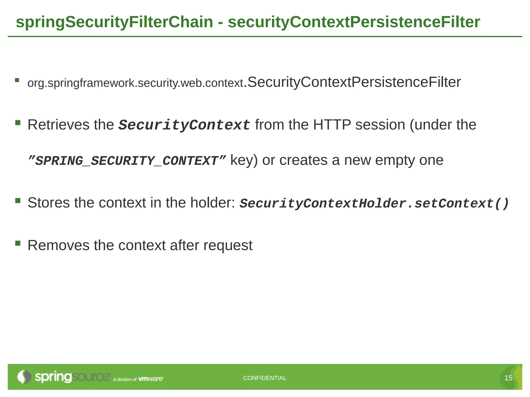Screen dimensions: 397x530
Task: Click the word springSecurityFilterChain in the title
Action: tap(114, 22)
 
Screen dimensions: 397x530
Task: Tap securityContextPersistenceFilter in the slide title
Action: tap(354, 22)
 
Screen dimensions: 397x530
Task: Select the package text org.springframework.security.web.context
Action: tap(135, 83)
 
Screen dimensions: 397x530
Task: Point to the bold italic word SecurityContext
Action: tap(184, 125)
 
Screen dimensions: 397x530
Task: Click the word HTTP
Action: tap(332, 125)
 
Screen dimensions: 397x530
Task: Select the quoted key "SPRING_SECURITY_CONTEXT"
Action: tap(127, 161)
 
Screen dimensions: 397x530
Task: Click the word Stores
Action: tap(49, 203)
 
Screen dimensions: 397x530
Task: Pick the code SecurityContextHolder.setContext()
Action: tap(374, 203)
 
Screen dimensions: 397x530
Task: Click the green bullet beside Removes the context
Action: tap(18, 243)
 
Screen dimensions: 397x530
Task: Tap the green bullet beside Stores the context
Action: tap(18, 201)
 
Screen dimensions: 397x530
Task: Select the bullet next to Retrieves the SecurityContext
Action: tap(18, 123)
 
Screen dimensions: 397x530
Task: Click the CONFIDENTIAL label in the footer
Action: tap(265, 378)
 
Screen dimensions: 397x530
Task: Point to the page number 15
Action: tap(508, 378)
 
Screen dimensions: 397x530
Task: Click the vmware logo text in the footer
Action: tap(151, 379)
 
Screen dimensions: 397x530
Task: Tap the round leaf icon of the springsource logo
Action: tap(24, 377)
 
